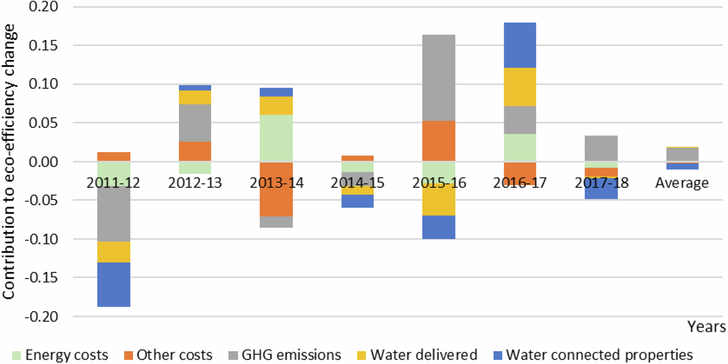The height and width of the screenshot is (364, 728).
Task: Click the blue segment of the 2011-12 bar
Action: [114, 284]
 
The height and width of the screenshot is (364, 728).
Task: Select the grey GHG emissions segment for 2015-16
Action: [438, 78]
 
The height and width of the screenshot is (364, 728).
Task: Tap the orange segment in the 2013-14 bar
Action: [276, 189]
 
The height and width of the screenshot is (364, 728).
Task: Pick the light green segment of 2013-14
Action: [276, 138]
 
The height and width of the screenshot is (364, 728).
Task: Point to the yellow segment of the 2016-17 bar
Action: [519, 87]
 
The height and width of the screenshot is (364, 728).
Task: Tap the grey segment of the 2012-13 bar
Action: [195, 123]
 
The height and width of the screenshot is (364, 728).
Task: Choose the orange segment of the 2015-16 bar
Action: [438, 141]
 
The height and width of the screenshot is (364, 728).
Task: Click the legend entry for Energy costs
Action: [60, 355]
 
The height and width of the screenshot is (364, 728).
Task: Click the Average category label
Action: [682, 183]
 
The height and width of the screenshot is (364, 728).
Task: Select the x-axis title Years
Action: [706, 327]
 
